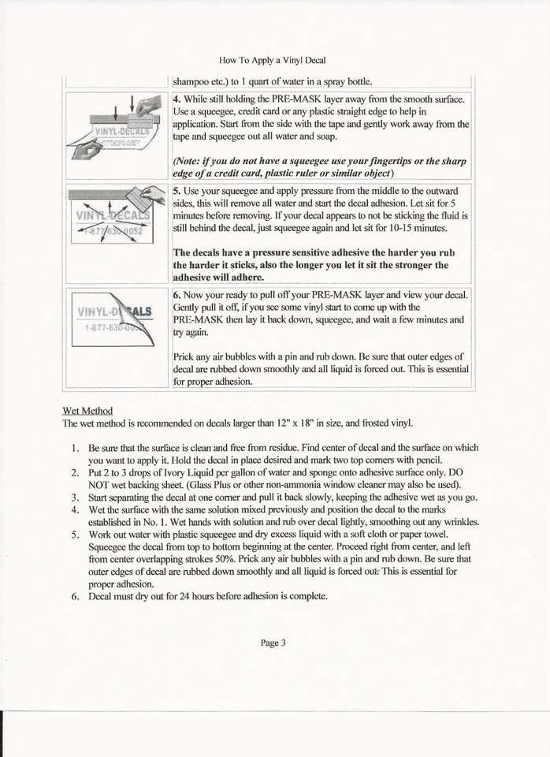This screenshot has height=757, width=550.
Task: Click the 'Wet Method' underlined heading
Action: click(x=87, y=410)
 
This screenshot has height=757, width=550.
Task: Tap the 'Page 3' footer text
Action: click(x=273, y=642)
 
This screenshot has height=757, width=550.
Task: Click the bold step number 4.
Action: click(x=177, y=99)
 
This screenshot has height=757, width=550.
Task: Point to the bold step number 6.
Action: click(x=177, y=294)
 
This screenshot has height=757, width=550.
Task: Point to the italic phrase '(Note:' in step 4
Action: click(x=189, y=160)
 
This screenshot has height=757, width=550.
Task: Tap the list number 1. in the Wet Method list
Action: click(x=75, y=447)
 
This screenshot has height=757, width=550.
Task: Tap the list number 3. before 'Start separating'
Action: click(x=75, y=497)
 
